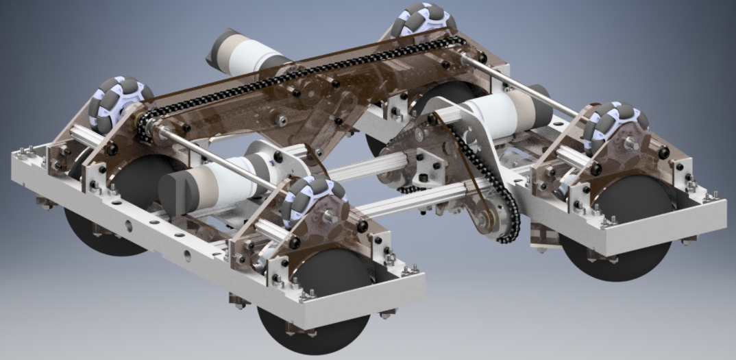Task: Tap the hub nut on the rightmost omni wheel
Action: coord(628,142)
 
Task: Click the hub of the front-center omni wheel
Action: coord(330,217)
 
